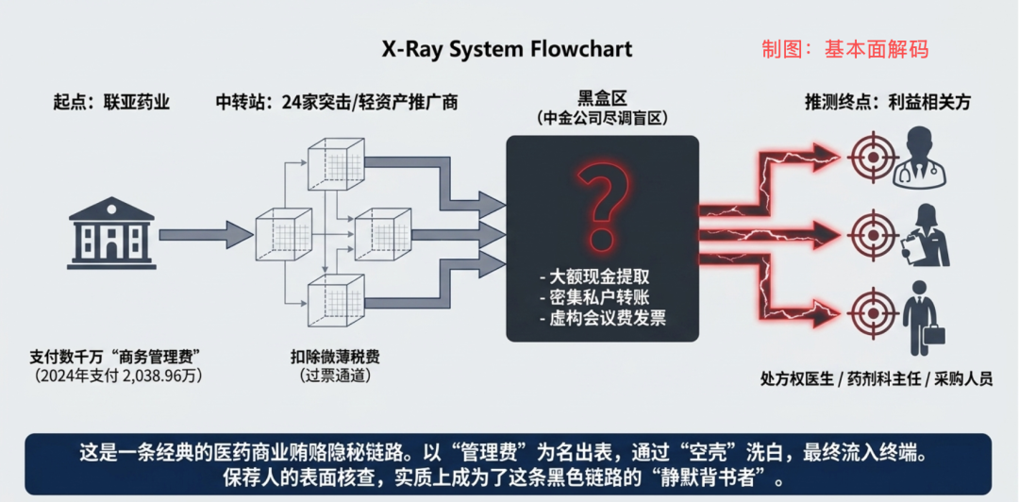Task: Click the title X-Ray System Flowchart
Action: pos(507,49)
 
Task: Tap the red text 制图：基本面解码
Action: pos(845,49)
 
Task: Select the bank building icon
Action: pos(111,233)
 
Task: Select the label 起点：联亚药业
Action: pos(111,103)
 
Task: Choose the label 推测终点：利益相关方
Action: pos(889,103)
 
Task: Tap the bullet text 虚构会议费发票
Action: pos(602,318)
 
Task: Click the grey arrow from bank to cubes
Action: pos(206,233)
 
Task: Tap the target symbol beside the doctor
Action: pos(869,157)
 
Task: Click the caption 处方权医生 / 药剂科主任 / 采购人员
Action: pos(876,379)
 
